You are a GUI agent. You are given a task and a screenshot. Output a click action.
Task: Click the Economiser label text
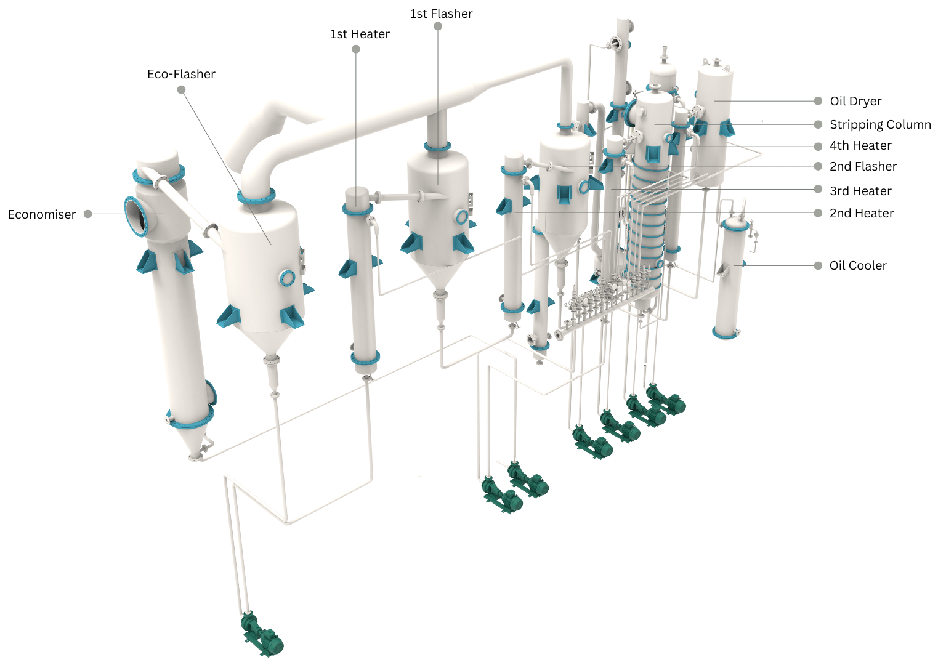tap(41, 214)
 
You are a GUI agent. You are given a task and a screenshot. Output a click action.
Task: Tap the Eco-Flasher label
tap(181, 74)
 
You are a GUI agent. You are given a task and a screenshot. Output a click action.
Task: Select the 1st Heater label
tap(360, 34)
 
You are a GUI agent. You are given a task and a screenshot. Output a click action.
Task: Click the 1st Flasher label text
tap(441, 14)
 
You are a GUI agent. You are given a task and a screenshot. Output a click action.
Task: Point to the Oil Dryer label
tap(855, 101)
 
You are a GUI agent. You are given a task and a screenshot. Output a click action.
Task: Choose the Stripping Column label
tap(879, 124)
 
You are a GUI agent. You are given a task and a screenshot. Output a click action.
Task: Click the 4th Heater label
tap(860, 146)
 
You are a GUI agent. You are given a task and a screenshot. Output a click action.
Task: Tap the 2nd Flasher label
tap(863, 166)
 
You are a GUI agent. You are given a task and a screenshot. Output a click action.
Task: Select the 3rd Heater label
tap(860, 191)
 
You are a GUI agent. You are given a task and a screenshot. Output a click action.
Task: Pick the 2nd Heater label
tap(861, 213)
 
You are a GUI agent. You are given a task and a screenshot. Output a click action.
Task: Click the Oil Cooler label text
tap(858, 265)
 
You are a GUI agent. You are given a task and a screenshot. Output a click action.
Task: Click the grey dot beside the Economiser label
tap(88, 214)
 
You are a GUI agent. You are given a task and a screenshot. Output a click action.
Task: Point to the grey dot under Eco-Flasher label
tap(181, 89)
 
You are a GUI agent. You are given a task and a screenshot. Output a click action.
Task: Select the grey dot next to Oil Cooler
tap(818, 265)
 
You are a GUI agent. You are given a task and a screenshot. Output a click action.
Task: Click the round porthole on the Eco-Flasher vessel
tap(287, 278)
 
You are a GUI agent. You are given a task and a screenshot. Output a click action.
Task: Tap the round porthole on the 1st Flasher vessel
tap(461, 216)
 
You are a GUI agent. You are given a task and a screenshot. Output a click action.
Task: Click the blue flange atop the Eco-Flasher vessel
tap(256, 197)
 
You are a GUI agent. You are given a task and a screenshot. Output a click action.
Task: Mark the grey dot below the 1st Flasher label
tap(438, 26)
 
